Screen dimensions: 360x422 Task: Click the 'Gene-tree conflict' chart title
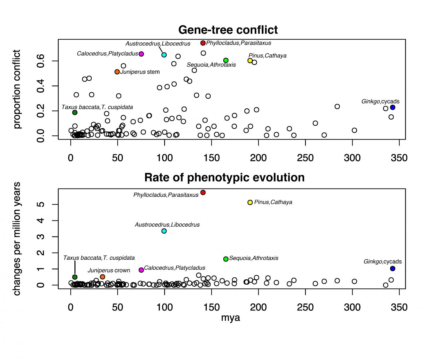228,30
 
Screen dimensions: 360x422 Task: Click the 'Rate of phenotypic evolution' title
224,178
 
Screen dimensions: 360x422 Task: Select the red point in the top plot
203,43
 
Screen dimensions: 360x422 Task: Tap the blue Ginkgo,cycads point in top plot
392,108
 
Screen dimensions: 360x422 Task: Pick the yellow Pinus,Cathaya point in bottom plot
250,202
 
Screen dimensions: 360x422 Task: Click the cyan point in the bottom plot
164,231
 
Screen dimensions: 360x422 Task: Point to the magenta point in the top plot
141,54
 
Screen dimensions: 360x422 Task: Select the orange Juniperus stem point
117,72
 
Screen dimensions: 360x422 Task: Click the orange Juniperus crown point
102,277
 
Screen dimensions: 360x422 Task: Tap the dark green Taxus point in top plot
75,113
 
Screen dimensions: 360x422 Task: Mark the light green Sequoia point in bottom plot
226,259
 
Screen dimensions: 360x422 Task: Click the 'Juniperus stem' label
140,72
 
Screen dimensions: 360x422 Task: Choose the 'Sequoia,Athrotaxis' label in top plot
211,65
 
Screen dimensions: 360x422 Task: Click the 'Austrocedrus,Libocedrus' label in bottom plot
167,225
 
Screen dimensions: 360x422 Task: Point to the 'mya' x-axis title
231,318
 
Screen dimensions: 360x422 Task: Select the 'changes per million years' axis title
17,239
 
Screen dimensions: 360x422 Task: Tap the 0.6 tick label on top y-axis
41,61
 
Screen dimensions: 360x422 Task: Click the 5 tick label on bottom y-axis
41,204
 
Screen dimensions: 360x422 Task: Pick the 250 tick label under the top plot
305,158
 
